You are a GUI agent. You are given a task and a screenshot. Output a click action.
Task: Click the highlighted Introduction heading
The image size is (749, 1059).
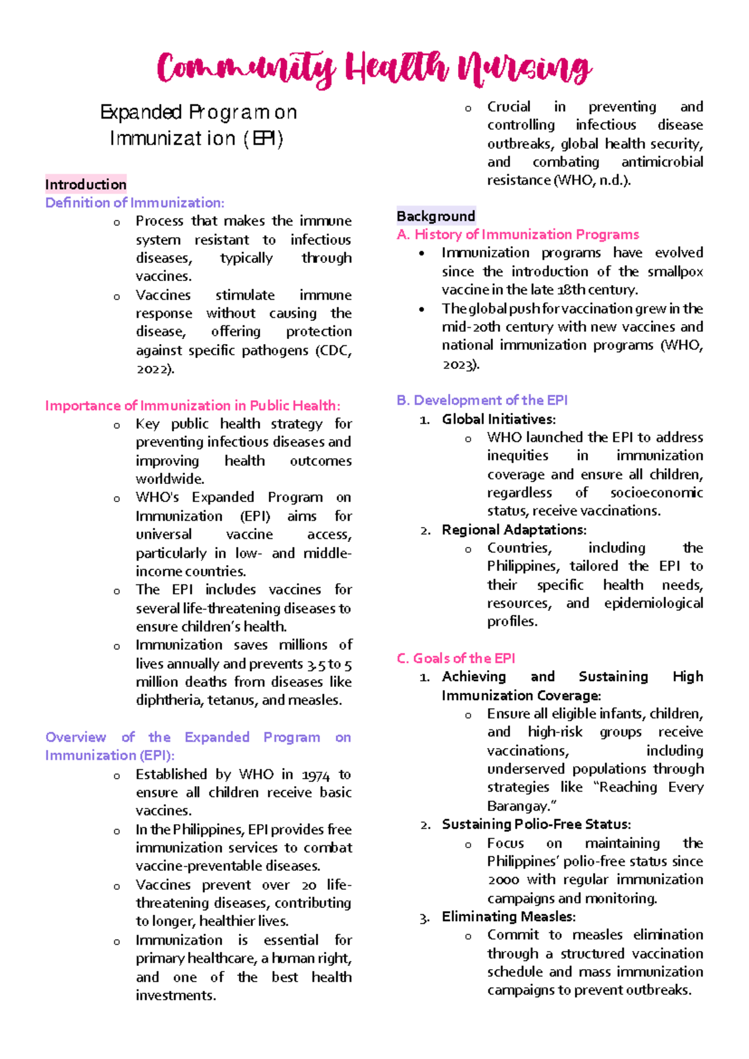(x=86, y=184)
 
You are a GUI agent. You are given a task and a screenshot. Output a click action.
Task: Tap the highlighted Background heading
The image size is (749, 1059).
(x=436, y=216)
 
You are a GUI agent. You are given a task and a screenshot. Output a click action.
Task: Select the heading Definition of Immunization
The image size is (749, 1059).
(x=134, y=202)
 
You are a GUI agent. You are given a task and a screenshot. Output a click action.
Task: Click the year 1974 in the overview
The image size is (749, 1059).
(x=315, y=775)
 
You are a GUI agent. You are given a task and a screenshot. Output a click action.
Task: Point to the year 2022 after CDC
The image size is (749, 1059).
(x=154, y=369)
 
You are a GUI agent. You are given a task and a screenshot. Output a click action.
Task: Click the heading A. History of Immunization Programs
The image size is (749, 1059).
(x=517, y=234)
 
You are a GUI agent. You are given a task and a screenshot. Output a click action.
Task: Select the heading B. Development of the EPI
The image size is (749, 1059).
(x=482, y=400)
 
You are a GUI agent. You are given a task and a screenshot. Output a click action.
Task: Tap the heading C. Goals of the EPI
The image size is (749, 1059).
(x=456, y=658)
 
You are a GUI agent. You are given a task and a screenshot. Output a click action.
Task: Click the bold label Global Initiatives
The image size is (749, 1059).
(x=498, y=419)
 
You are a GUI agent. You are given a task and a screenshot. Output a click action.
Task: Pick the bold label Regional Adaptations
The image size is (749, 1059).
(x=514, y=529)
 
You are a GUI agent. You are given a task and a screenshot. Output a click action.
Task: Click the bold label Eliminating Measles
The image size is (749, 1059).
(x=508, y=917)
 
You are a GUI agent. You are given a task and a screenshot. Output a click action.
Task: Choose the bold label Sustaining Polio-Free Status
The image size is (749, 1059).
(x=536, y=824)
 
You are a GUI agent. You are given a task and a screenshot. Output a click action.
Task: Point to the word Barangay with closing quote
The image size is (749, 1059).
(x=521, y=806)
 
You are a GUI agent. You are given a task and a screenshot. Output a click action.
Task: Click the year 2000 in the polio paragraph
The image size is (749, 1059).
(x=503, y=880)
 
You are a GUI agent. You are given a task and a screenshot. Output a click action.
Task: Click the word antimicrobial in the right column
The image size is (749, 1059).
(x=662, y=162)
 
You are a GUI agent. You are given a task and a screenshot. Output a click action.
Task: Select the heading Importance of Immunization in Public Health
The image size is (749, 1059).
(x=192, y=405)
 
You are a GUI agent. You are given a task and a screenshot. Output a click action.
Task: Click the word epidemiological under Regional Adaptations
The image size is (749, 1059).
(x=653, y=603)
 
